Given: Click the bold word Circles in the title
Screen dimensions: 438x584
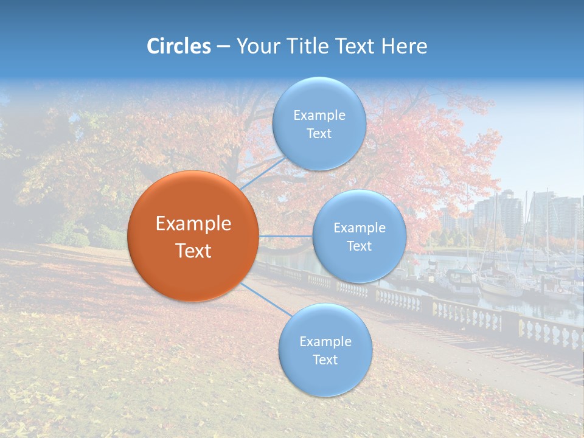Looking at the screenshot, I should [x=178, y=46].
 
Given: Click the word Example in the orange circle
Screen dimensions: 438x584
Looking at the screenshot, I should [x=193, y=224].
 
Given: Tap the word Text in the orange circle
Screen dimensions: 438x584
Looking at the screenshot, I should [x=193, y=251].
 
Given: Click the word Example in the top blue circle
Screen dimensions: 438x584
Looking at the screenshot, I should [x=319, y=116].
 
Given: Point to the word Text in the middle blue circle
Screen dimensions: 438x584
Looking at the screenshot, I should [x=359, y=246].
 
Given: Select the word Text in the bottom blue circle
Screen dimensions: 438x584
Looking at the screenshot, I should [x=325, y=360].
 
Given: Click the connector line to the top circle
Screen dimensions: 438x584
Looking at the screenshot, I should [x=263, y=175].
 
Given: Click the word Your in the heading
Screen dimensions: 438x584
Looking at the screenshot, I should [x=258, y=46].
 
